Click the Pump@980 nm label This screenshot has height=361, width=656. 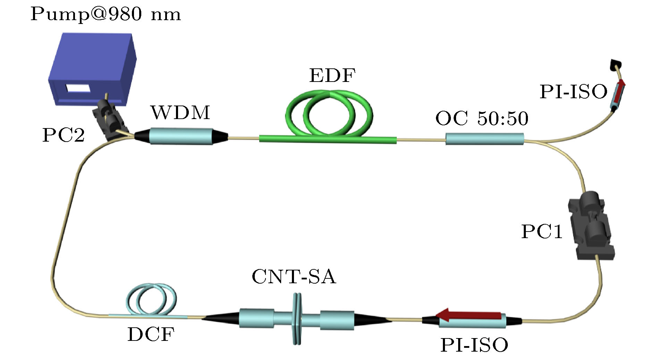point(106,15)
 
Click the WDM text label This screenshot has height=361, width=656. point(180,112)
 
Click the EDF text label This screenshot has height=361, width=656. point(333,75)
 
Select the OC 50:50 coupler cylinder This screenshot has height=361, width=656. point(485,140)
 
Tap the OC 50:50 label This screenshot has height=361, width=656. point(482,118)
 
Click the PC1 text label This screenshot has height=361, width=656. point(542,232)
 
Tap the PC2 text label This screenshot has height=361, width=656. point(64,135)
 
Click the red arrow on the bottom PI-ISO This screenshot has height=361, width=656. point(468,315)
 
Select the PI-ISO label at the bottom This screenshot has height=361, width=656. point(474,345)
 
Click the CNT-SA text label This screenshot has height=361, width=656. point(294,277)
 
